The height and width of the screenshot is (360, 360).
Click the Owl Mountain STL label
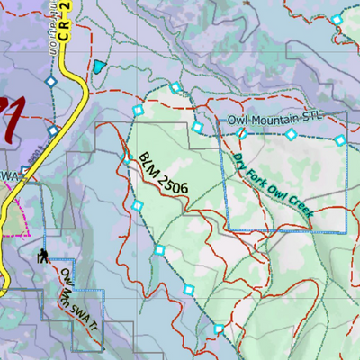(273, 120)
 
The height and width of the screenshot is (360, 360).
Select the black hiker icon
(43, 255)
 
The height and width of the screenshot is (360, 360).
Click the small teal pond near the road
(98, 67)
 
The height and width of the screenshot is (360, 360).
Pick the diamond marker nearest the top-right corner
(337, 20)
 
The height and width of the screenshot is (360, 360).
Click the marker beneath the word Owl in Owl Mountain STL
(240, 133)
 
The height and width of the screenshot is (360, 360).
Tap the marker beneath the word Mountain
(291, 134)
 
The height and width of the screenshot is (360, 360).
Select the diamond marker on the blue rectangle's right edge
(339, 140)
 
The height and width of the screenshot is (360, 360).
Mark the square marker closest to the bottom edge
(219, 329)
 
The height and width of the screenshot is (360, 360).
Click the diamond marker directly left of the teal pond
(51, 81)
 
